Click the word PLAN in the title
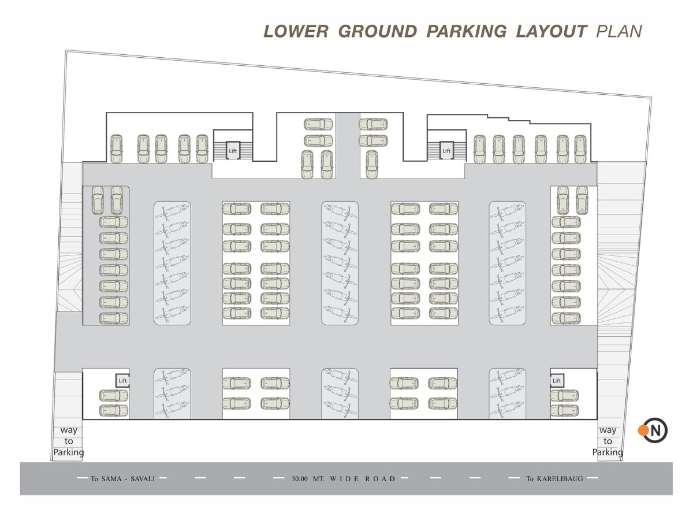(619, 32)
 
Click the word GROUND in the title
(378, 32)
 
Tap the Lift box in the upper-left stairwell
(233, 151)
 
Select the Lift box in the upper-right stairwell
(446, 151)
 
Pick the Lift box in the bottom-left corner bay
(122, 380)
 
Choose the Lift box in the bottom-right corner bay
(557, 380)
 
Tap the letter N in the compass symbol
(655, 430)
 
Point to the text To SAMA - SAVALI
(123, 478)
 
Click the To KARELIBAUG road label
(554, 478)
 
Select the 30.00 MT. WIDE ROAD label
(344, 478)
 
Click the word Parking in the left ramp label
(69, 452)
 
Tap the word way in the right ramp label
(608, 430)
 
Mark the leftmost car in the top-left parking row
(116, 148)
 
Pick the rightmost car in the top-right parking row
(580, 149)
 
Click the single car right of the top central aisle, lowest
(371, 165)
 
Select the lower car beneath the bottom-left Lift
(114, 410)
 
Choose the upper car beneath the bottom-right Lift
(564, 396)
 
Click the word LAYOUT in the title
(552, 32)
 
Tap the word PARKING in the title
(467, 32)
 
